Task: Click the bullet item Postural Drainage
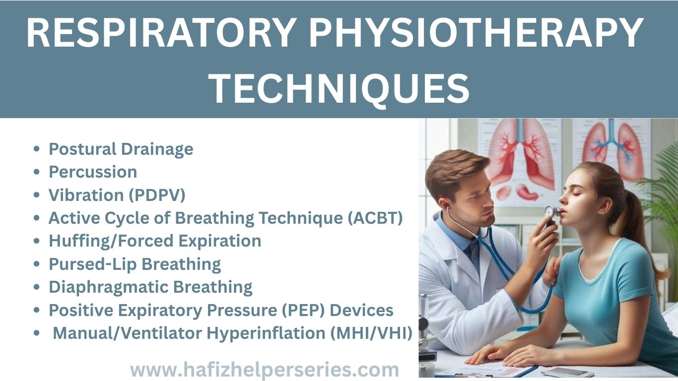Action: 121,149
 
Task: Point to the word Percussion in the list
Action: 93,172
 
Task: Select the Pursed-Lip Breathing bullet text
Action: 135,264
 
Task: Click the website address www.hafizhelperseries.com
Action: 264,370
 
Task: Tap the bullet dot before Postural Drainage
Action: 36,149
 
